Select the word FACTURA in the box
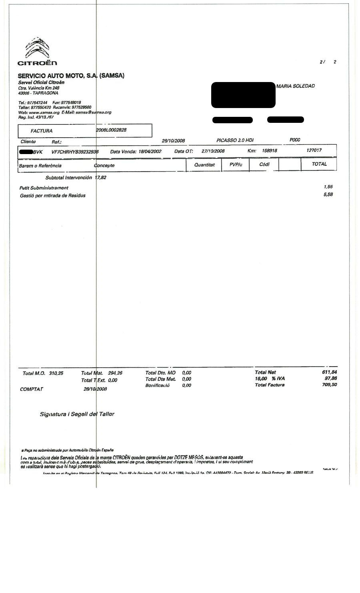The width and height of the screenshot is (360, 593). coord(42,131)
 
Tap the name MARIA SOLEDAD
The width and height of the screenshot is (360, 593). coord(295,86)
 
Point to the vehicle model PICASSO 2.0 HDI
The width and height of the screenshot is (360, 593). coord(235,140)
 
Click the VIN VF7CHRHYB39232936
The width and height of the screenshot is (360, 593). coord(75,152)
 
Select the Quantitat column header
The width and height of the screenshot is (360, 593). coord(204,165)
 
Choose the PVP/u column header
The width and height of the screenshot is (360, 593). coord(236,165)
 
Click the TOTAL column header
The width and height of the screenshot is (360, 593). coord(319,164)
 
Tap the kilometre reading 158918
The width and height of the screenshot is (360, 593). coord(269,151)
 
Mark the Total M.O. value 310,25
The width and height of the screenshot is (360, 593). coord(56,373)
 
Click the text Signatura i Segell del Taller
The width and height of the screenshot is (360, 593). coord(77,414)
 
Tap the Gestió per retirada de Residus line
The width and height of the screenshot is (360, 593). coord(52,196)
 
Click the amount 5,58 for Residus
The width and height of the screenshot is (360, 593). coord(328,195)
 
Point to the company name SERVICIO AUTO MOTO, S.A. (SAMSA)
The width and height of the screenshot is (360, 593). coord(71,76)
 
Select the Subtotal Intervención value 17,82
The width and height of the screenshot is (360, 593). coord(100,178)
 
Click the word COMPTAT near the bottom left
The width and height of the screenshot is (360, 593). coord(32,389)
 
